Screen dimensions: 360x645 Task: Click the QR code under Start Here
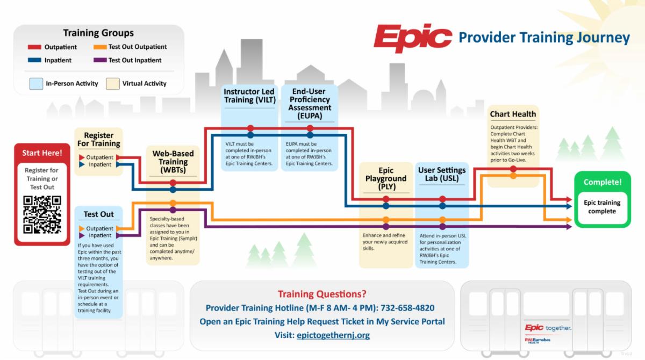pyautogui.click(x=42, y=214)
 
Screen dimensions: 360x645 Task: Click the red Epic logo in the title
pyautogui.click(x=412, y=37)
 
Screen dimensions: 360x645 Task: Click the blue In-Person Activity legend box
pyautogui.click(x=37, y=83)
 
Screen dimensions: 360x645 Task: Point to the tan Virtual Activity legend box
pyautogui.click(x=112, y=83)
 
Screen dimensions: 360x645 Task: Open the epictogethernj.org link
pyautogui.click(x=333, y=335)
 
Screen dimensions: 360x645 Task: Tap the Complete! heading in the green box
pyautogui.click(x=602, y=182)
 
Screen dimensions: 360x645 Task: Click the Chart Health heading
pyautogui.click(x=513, y=114)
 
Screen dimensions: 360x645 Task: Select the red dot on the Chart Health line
pyautogui.click(x=513, y=169)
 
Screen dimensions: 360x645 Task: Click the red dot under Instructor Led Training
pyautogui.click(x=250, y=128)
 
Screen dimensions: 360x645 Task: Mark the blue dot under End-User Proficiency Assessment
pyautogui.click(x=310, y=135)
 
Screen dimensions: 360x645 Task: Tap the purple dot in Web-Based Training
pyautogui.click(x=173, y=210)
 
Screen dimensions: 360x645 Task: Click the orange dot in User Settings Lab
pyautogui.click(x=442, y=219)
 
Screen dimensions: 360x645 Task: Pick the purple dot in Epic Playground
pyautogui.click(x=386, y=226)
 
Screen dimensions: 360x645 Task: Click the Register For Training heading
pyautogui.click(x=99, y=140)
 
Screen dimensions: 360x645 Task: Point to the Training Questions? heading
pyautogui.click(x=322, y=294)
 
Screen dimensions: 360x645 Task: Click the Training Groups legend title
pyautogui.click(x=98, y=33)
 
